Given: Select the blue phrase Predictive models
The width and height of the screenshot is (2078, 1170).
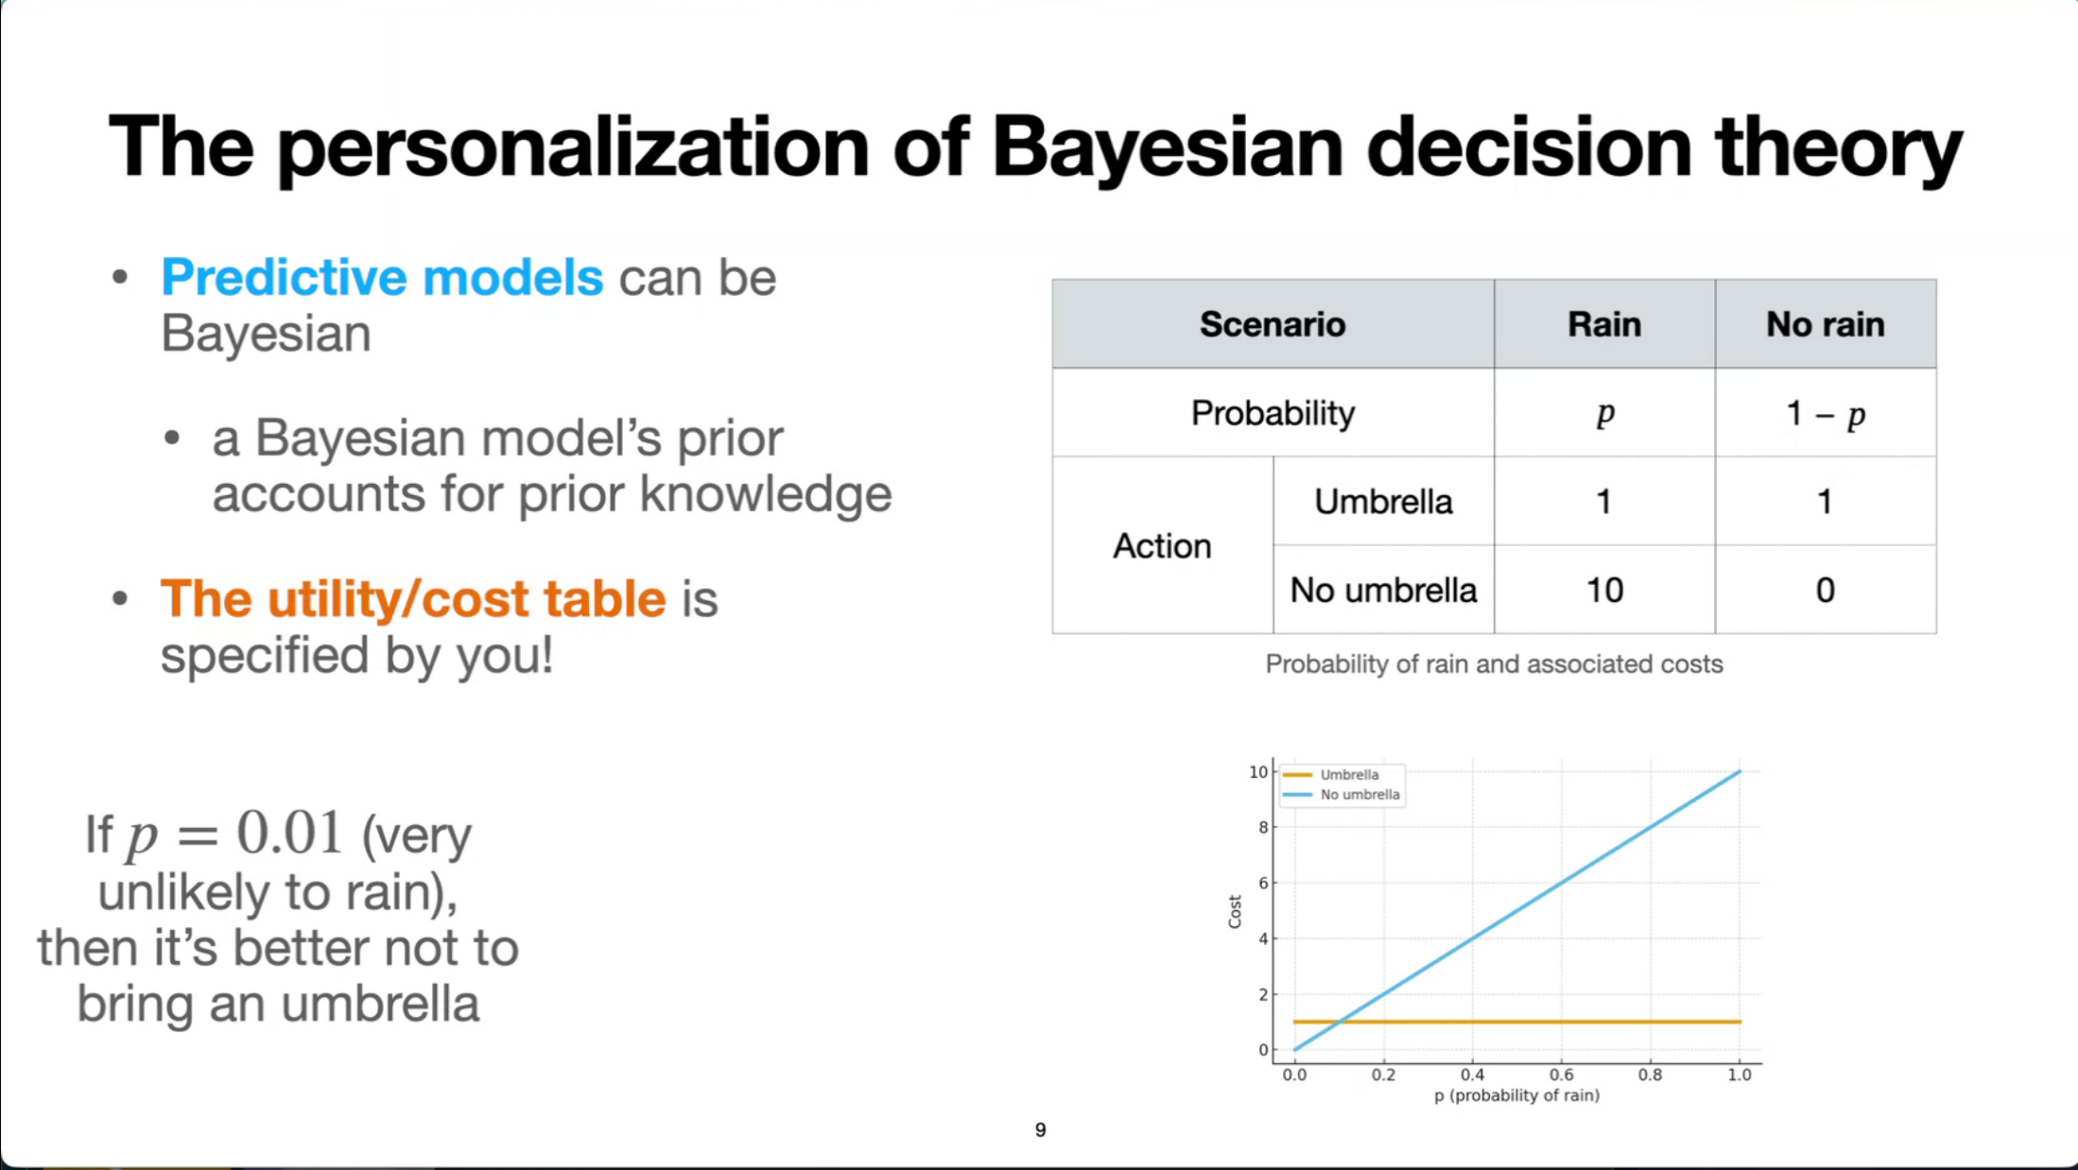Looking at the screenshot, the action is click(x=382, y=278).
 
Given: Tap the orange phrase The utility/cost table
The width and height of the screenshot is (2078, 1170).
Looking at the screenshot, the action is click(x=413, y=599).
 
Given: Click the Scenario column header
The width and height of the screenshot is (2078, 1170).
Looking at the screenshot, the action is click(x=1273, y=324).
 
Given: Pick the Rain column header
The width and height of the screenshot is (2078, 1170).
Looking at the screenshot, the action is click(x=1604, y=324).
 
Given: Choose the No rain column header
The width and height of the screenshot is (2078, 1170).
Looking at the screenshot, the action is click(x=1826, y=324).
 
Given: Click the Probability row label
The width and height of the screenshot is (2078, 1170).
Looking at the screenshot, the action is click(x=1273, y=413).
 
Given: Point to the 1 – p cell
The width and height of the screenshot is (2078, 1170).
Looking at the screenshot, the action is click(x=1826, y=414).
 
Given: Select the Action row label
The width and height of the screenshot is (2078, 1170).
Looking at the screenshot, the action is click(x=1162, y=546).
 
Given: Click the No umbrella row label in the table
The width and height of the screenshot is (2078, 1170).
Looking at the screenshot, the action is click(x=1383, y=591).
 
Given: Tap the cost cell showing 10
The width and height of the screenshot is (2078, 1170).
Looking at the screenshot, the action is click(x=1604, y=591).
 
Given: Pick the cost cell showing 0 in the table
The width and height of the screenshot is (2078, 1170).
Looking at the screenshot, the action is click(x=1826, y=591).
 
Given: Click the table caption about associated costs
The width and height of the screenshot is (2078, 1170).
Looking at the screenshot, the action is click(x=1494, y=664).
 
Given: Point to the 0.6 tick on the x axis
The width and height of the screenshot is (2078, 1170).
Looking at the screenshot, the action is click(x=1561, y=1075).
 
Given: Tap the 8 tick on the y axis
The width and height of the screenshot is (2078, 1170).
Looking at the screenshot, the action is click(x=1263, y=828).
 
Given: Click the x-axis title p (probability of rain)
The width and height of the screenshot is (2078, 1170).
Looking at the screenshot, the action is click(x=1516, y=1095).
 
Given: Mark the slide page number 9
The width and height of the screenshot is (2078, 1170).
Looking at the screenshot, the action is click(x=1040, y=1130).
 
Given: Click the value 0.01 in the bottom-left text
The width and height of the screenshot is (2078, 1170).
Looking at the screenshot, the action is click(x=288, y=834).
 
